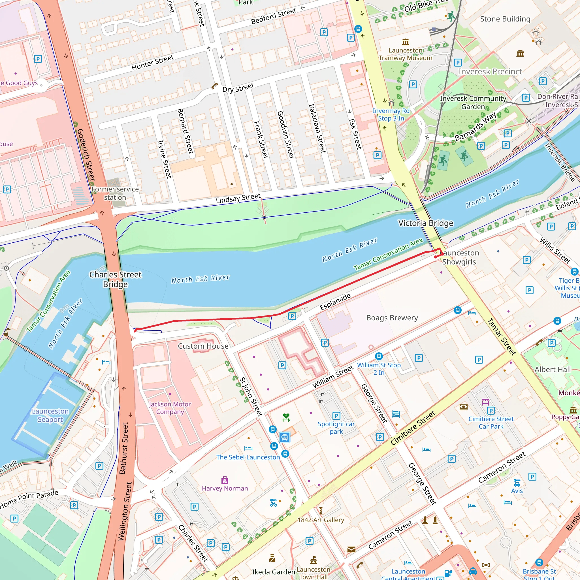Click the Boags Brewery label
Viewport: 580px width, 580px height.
(392, 318)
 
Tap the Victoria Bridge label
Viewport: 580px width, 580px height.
(425, 223)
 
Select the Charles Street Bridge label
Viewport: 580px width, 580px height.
(115, 279)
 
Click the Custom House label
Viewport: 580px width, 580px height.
(203, 346)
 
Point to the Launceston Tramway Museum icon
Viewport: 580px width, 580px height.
(405, 42)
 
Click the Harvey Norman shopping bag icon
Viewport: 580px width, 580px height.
(225, 480)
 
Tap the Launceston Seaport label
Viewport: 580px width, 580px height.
(50, 415)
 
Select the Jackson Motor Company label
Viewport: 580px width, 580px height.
(170, 408)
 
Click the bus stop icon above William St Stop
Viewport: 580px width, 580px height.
(379, 356)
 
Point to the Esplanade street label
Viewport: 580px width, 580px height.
(335, 301)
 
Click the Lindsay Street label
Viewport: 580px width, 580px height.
(238, 199)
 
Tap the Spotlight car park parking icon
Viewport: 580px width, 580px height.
(336, 415)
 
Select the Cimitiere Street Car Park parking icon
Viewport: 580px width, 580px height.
(491, 411)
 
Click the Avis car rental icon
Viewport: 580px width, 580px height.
(517, 483)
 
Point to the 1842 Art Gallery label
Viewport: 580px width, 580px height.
(321, 520)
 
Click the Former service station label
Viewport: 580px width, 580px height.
(115, 193)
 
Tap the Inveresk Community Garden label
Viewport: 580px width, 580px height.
(473, 102)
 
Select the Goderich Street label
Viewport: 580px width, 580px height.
(86, 155)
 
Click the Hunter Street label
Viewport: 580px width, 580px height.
(153, 62)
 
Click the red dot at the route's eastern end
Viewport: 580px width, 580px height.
(435, 257)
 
